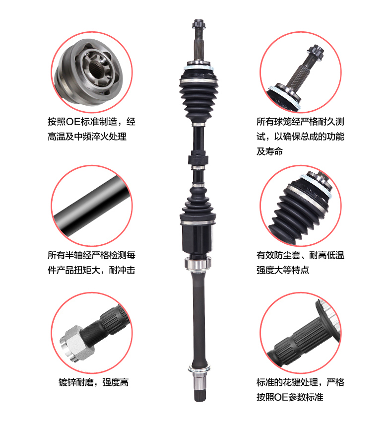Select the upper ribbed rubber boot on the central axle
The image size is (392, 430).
(197, 97)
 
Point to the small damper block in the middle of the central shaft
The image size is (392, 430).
(197, 161)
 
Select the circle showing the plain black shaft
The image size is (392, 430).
(92, 204)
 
